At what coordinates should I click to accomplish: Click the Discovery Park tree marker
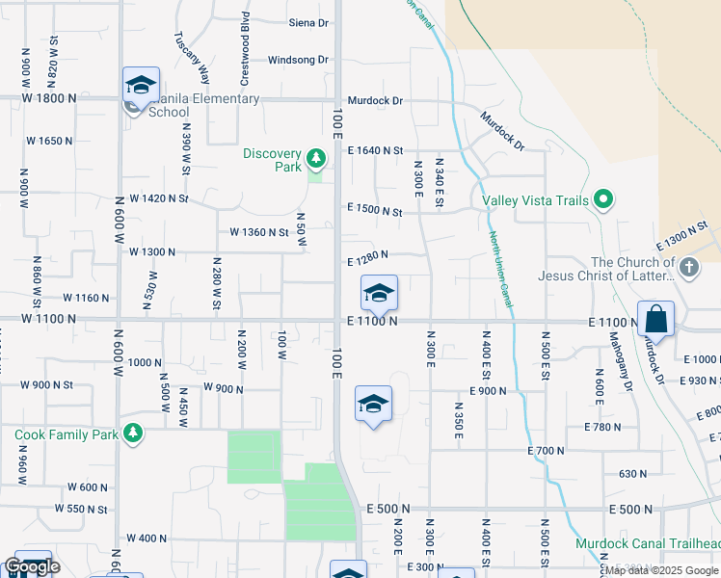coord(315,157)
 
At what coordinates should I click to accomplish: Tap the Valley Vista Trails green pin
coord(604,200)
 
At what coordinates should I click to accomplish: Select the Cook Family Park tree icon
coord(133,433)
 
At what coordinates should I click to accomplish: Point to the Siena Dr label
coord(308,22)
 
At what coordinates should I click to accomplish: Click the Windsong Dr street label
coord(298,60)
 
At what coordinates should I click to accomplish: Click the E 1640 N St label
coord(374,150)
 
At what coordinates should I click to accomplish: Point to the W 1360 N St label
coord(258,232)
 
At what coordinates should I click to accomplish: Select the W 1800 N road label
coord(49,98)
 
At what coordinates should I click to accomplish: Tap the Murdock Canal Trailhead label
coord(648,543)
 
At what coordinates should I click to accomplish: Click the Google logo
coord(32,566)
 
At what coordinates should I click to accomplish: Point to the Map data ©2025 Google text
coord(661,570)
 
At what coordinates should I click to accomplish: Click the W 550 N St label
coord(81,509)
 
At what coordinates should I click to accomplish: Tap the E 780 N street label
coord(603,426)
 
